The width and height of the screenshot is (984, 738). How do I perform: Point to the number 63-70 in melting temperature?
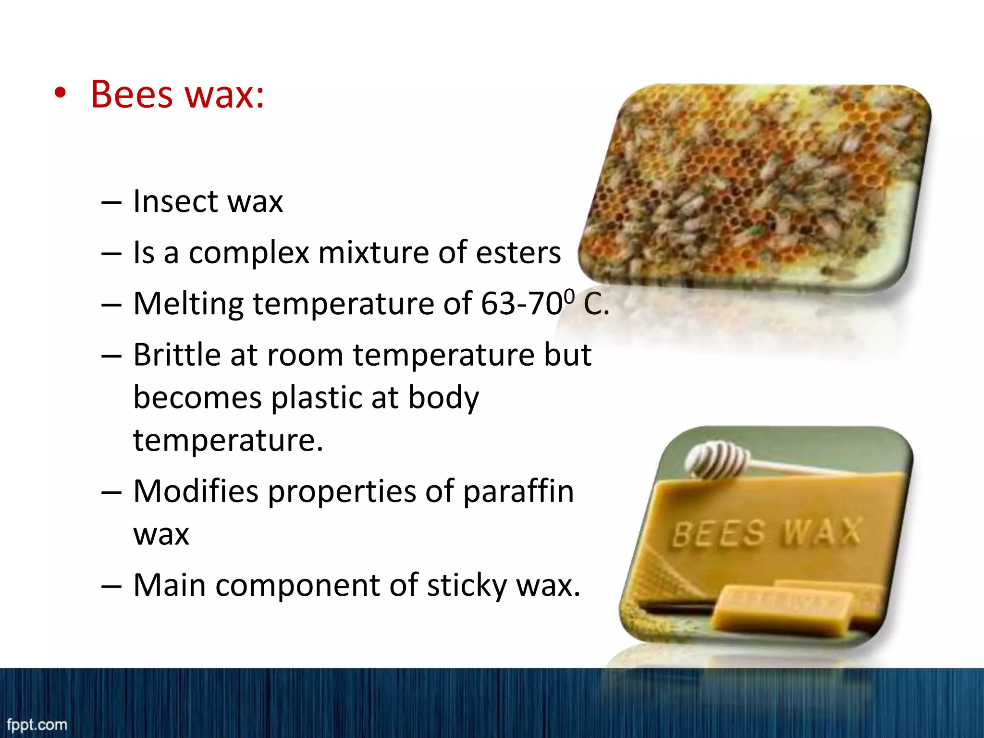pos(521,304)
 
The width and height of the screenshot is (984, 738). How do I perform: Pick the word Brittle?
pos(176,355)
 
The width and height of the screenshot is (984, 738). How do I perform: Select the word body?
pos(443,398)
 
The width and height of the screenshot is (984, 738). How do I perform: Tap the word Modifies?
pos(196,492)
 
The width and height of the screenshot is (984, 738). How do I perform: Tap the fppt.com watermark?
pos(37,725)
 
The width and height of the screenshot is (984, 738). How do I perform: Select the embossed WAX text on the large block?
pos(822,532)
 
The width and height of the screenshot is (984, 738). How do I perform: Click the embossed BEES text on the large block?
pos(718,534)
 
